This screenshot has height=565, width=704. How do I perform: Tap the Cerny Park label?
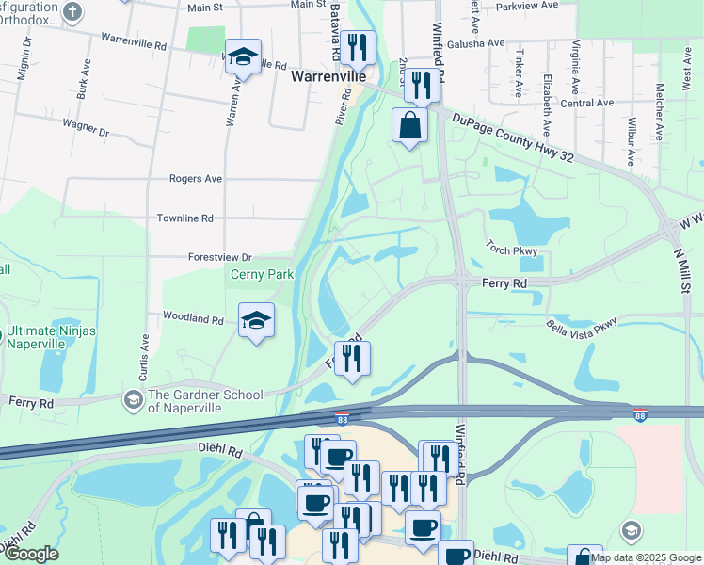click(x=263, y=275)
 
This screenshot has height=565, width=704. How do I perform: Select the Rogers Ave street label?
click(x=195, y=178)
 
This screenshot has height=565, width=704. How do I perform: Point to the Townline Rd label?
click(x=187, y=218)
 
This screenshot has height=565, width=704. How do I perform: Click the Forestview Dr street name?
click(x=220, y=257)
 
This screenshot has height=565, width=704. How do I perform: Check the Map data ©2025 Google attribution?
click(x=645, y=557)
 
